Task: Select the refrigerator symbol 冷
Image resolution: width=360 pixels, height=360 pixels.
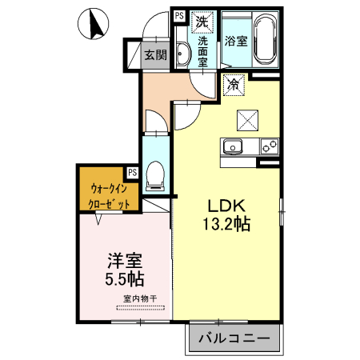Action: [234, 83]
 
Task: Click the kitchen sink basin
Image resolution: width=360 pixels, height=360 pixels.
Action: [234, 147]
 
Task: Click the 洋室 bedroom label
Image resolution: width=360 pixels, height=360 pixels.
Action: [125, 261]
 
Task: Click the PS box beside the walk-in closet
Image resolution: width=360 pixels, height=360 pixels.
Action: [132, 172]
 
